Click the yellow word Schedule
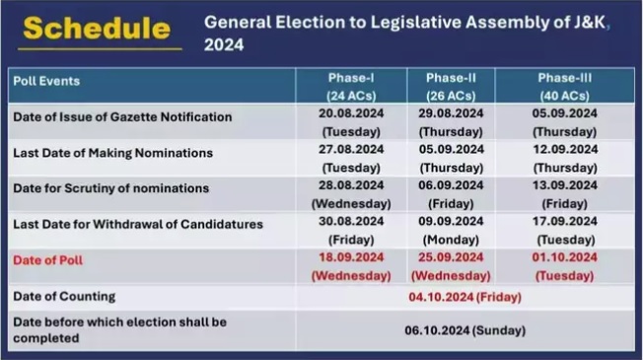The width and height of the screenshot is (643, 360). [96, 28]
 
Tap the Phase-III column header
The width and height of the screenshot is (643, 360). [565, 78]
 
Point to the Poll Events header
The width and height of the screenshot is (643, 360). [46, 81]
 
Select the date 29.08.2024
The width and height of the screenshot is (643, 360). [451, 113]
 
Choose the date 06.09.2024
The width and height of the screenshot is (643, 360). [451, 185]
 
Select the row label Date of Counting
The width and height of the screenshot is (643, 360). [64, 296]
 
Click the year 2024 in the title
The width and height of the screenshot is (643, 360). [226, 44]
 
